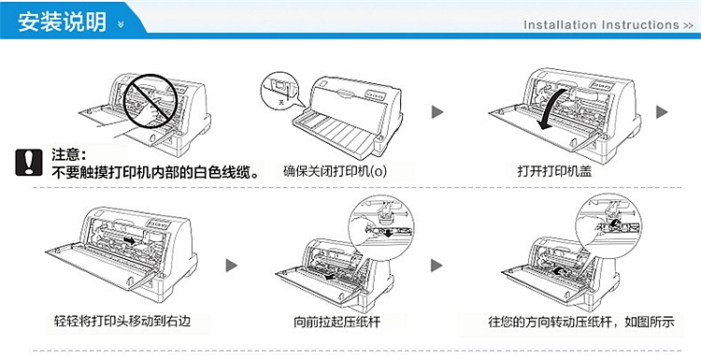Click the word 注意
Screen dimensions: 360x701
tap(69, 154)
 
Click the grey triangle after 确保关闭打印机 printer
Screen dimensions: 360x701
tap(436, 112)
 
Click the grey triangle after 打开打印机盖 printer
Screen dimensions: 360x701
tap(662, 112)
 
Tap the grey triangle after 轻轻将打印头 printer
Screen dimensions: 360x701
tap(231, 266)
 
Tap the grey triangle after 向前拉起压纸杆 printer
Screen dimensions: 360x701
tap(436, 266)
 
